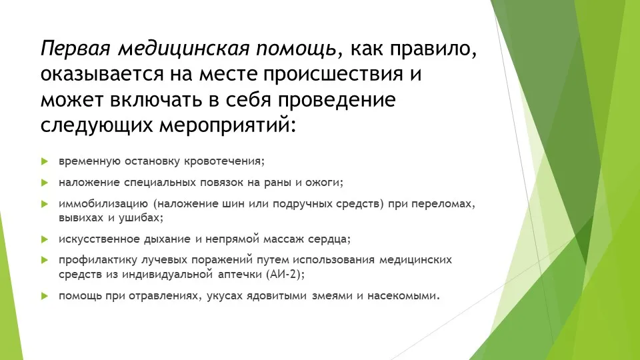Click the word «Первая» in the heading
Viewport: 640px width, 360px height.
point(76,49)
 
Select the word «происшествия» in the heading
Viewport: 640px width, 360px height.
point(333,75)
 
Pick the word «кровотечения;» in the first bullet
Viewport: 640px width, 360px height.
point(224,161)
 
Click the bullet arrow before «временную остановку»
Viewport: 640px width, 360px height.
point(45,161)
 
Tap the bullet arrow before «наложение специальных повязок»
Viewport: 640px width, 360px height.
point(45,183)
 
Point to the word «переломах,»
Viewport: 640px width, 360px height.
point(443,204)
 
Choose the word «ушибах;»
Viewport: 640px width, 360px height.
point(141,217)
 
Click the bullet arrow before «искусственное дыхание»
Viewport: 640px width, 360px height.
point(45,239)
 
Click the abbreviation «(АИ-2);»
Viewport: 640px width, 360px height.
point(286,274)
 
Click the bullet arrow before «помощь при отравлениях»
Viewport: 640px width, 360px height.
point(45,296)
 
